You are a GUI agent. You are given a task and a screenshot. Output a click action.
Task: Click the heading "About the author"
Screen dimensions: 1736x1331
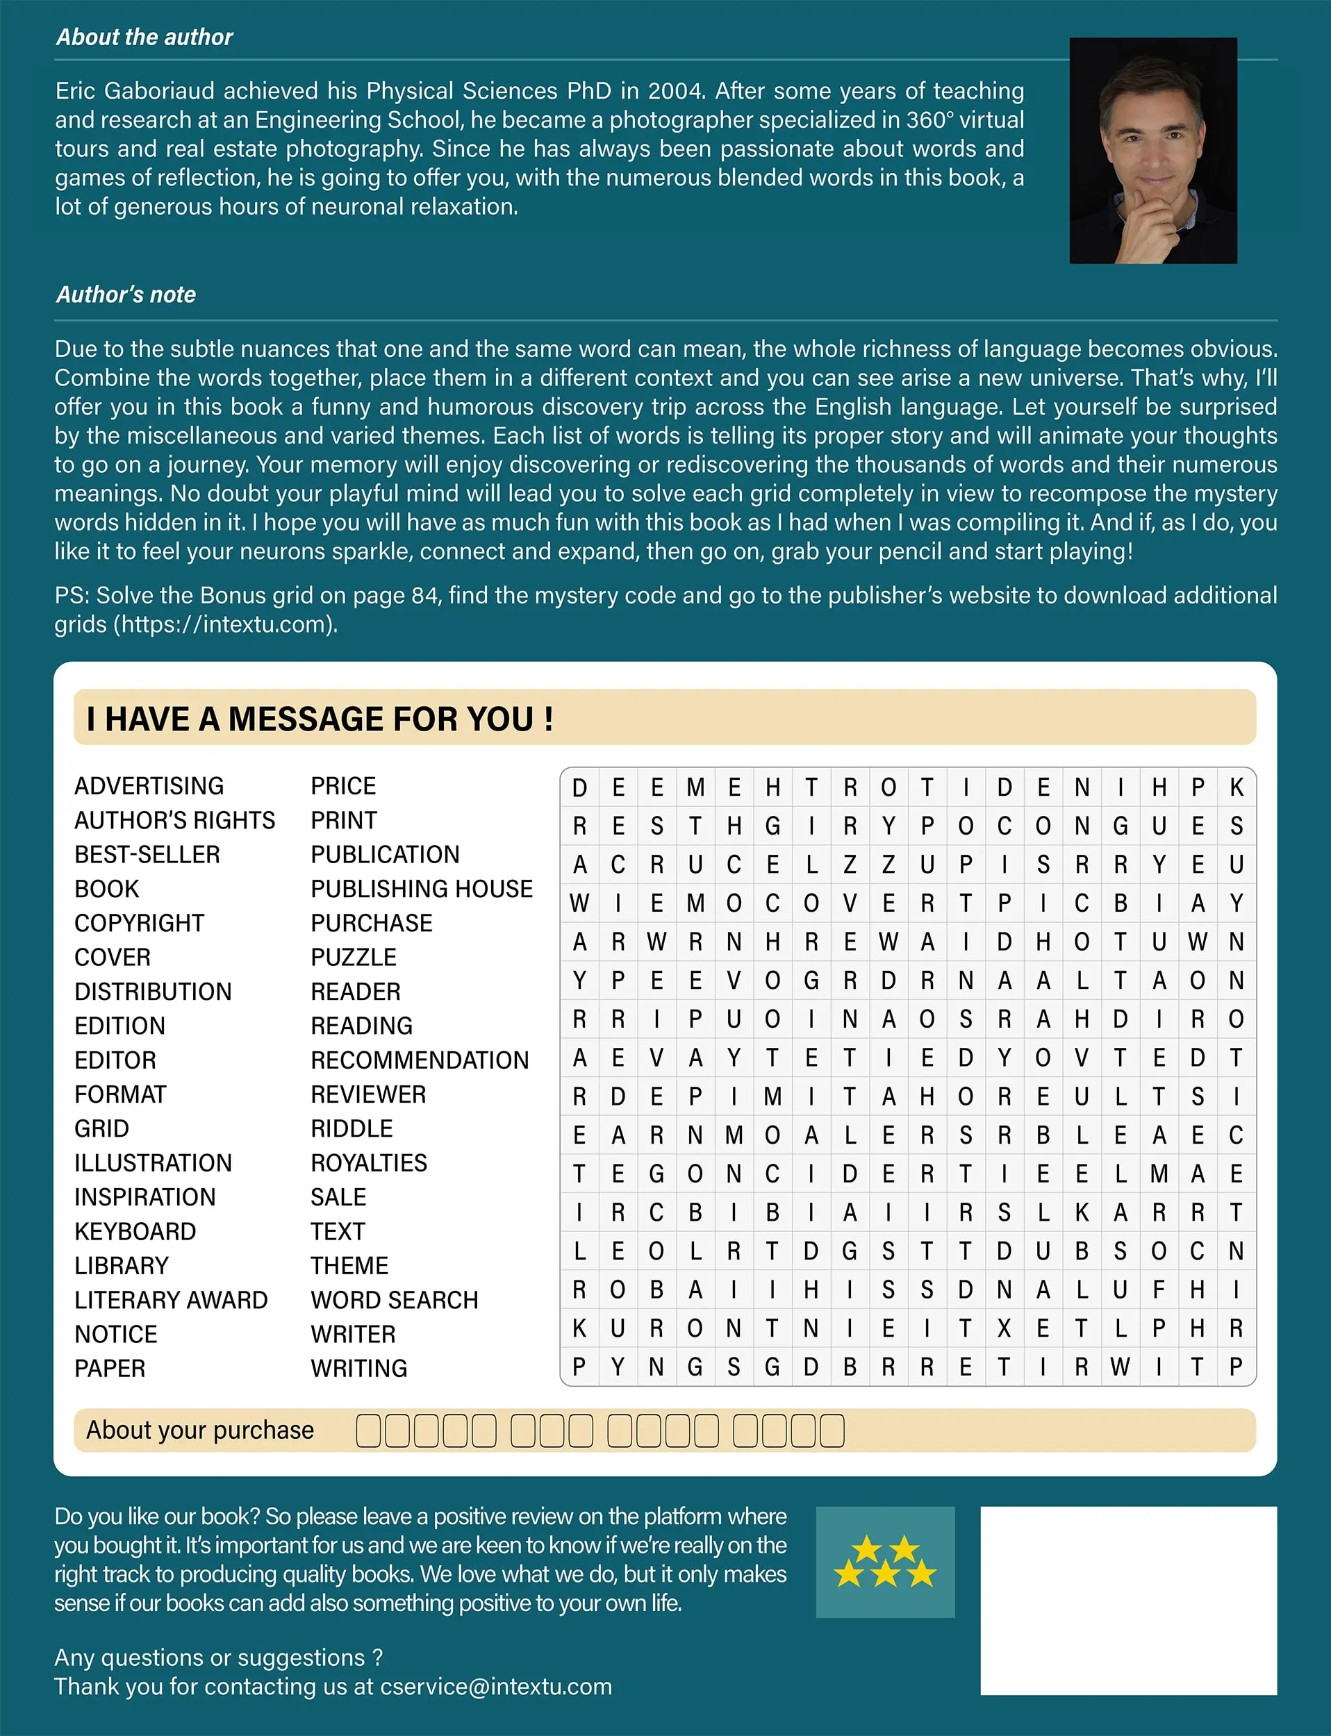pyautogui.click(x=144, y=37)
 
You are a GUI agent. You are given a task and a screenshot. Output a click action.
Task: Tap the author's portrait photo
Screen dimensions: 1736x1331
pyautogui.click(x=1152, y=151)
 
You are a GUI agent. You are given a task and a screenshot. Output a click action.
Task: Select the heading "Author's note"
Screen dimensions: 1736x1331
pyautogui.click(x=126, y=294)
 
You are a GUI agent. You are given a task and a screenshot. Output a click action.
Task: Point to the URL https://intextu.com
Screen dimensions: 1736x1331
pyautogui.click(x=225, y=625)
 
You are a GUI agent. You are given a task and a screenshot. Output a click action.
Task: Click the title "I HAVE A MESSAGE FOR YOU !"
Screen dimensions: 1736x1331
pyautogui.click(x=320, y=719)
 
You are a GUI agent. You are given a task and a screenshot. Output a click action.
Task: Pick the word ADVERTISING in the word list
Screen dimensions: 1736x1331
pyautogui.click(x=149, y=785)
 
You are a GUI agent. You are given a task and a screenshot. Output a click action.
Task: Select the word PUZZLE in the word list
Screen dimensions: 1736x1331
pyautogui.click(x=354, y=957)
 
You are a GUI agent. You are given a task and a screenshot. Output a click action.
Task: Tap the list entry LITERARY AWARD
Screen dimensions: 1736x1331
pyautogui.click(x=171, y=1300)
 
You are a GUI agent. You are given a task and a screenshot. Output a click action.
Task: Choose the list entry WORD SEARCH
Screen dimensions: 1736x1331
pyautogui.click(x=395, y=1300)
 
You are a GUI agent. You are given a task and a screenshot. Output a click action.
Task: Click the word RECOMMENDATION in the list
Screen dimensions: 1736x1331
pyautogui.click(x=419, y=1060)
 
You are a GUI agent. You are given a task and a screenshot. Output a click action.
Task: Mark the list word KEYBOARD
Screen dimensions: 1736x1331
pyautogui.click(x=135, y=1230)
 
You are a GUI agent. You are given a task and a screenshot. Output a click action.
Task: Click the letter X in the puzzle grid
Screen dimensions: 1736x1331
pyautogui.click(x=1004, y=1328)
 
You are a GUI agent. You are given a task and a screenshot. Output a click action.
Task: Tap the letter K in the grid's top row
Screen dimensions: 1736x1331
pyautogui.click(x=1236, y=787)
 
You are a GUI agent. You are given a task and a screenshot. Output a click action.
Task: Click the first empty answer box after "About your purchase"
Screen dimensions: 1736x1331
pyautogui.click(x=368, y=1431)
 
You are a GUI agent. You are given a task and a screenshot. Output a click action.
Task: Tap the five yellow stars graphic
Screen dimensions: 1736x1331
pyautogui.click(x=885, y=1562)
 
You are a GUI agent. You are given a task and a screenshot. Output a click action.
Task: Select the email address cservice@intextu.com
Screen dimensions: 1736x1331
pyautogui.click(x=496, y=1686)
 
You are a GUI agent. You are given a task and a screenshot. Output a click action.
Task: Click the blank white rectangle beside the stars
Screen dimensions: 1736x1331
pyautogui.click(x=1128, y=1600)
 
